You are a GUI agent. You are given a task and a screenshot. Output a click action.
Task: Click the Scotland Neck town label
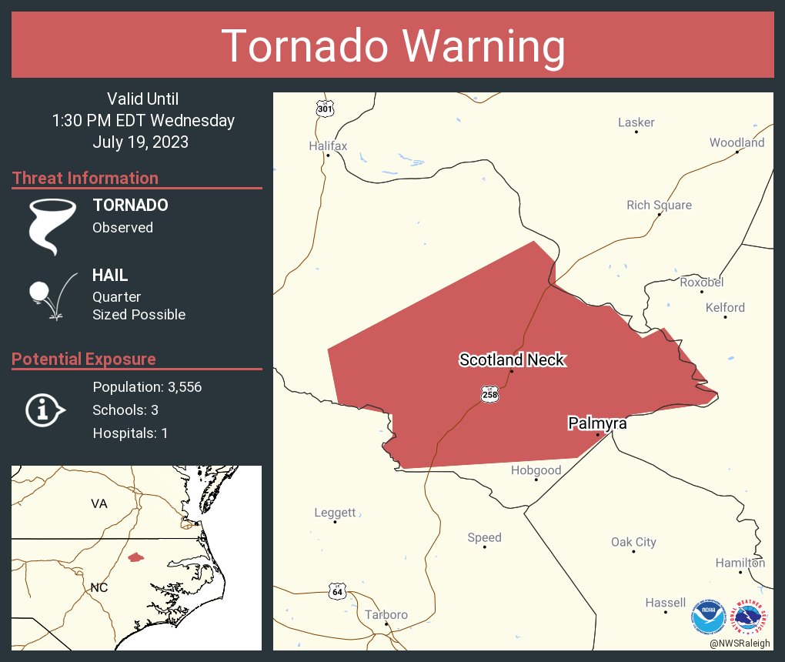point(512,359)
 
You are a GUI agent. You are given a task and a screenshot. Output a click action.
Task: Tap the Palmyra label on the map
point(597,423)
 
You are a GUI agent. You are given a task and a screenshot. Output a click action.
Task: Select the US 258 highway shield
point(490,394)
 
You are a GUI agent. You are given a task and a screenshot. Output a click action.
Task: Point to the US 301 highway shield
point(325,109)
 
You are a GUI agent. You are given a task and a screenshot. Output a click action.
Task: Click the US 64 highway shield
point(337,591)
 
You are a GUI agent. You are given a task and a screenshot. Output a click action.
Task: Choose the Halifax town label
point(328,145)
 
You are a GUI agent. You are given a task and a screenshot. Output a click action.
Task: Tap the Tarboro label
point(386,614)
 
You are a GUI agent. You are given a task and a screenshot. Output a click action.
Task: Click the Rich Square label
point(659,205)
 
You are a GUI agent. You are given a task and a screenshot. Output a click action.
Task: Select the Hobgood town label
point(536,470)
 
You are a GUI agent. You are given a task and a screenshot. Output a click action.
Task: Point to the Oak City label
point(633,542)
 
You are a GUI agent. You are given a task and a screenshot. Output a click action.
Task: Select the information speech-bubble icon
point(45,410)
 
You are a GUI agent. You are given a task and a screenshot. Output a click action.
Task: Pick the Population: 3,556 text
point(147,387)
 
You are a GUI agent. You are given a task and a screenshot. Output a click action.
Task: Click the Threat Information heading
point(85,178)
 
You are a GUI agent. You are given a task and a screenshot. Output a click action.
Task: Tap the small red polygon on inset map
point(135,557)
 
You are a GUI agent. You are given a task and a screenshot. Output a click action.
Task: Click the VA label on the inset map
point(99,503)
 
